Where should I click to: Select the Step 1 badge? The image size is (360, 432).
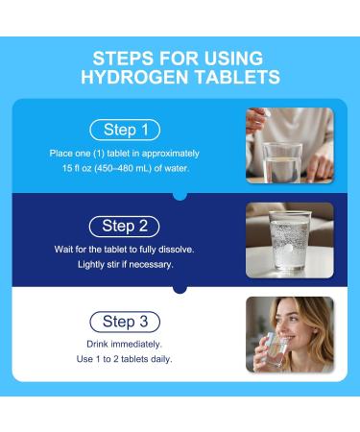tap(124, 130)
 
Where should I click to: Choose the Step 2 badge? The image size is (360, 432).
tap(124, 226)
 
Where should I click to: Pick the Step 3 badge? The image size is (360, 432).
tap(124, 322)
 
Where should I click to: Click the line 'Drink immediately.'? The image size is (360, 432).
tap(125, 343)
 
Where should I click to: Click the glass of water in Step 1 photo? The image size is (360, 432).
tap(283, 163)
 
